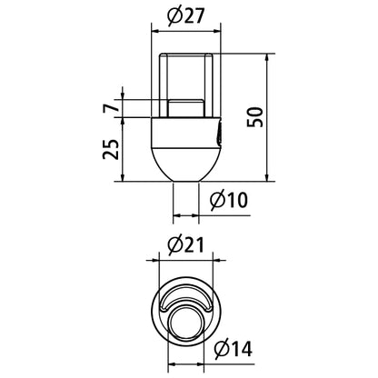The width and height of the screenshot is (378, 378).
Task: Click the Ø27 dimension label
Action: (x=185, y=16)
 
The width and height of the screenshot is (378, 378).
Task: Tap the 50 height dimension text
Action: (x=254, y=117)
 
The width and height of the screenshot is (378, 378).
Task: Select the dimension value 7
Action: (x=109, y=108)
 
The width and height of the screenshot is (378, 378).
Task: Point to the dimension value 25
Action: (x=110, y=149)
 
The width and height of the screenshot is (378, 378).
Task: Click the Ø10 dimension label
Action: (x=229, y=200)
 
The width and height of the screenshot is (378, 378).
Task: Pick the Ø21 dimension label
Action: (x=185, y=244)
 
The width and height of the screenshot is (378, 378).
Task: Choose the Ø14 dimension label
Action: (x=234, y=349)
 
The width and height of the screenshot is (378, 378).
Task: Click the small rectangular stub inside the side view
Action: (x=185, y=108)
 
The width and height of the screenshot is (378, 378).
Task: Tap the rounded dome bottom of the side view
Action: (x=185, y=164)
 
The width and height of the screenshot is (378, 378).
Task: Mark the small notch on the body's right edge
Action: (x=219, y=134)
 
